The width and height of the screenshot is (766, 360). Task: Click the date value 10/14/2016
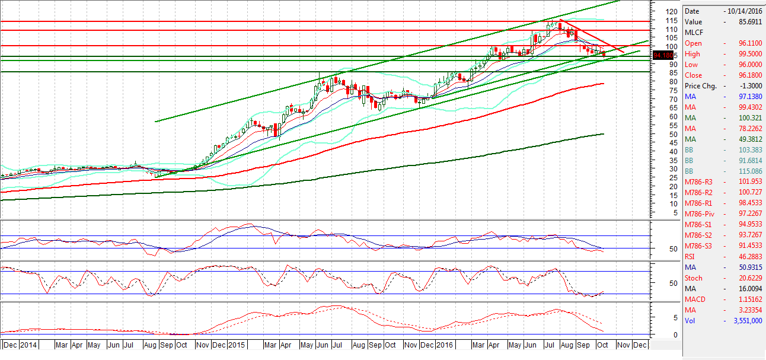coord(744,11)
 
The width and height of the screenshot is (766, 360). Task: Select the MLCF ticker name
coord(693,33)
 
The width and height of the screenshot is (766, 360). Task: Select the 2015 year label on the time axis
coord(237,345)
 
